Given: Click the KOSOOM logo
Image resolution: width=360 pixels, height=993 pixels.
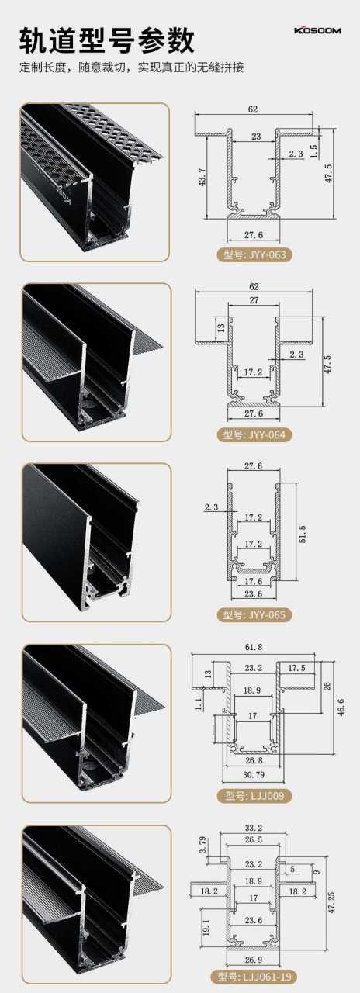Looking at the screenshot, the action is (317, 30).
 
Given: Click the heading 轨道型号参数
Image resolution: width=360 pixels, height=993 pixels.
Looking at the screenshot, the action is (107, 41).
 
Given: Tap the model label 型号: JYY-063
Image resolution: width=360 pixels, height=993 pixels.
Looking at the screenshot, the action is (254, 254).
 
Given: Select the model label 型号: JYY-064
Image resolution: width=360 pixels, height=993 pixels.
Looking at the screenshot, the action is (254, 434).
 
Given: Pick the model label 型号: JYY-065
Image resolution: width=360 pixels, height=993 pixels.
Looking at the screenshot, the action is (254, 615).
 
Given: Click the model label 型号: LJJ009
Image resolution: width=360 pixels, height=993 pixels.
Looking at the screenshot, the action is (254, 796).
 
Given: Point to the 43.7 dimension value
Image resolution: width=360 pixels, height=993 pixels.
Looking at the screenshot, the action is (202, 177).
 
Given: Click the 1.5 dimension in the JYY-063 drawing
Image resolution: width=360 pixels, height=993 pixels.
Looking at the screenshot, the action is (314, 152).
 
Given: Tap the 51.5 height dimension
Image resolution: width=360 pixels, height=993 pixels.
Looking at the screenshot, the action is (303, 535).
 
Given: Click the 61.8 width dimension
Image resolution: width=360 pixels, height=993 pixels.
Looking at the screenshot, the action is (253, 647).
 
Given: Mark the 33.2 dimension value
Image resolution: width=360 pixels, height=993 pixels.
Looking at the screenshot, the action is (253, 828).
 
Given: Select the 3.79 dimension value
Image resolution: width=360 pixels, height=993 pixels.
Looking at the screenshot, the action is (202, 846).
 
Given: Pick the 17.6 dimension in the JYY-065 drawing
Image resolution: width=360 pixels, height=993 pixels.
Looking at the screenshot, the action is (253, 581).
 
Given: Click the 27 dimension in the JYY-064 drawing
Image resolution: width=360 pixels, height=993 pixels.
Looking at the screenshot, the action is (254, 300).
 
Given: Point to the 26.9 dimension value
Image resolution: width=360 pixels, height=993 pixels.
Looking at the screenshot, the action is (253, 959).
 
